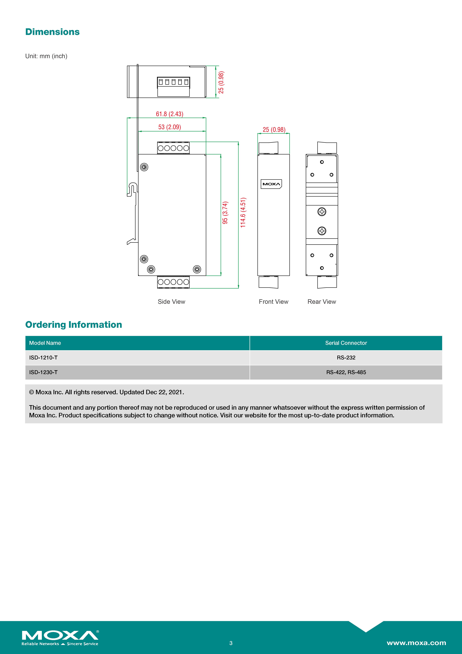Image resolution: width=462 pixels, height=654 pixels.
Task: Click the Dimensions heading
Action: [52, 32]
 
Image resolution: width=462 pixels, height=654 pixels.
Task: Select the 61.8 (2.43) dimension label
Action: [170, 114]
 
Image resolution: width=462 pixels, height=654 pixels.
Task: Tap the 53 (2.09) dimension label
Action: [170, 127]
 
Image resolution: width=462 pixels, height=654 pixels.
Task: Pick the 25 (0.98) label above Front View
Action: [274, 130]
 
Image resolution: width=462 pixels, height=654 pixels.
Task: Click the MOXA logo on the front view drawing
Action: [271, 184]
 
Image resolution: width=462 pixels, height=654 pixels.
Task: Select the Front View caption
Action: [273, 302]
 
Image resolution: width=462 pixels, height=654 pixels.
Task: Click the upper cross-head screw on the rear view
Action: [322, 212]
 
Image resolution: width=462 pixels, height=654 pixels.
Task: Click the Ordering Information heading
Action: [74, 325]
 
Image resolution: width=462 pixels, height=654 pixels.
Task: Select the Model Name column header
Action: [45, 343]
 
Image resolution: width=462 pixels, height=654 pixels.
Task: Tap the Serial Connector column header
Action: [346, 343]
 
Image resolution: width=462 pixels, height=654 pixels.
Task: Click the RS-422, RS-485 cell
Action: [346, 372]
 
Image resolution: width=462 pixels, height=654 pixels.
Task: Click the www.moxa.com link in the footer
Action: [416, 643]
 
